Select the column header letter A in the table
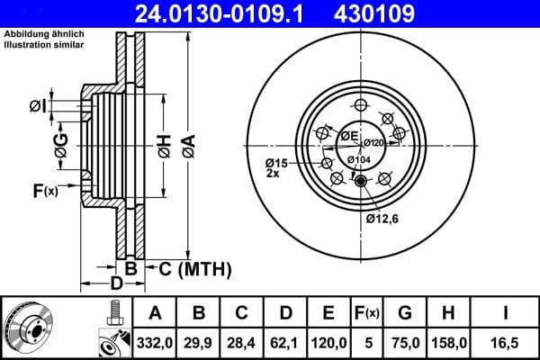pos(155,313)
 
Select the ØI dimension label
pos(37,107)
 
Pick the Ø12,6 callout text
pos(382,217)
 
